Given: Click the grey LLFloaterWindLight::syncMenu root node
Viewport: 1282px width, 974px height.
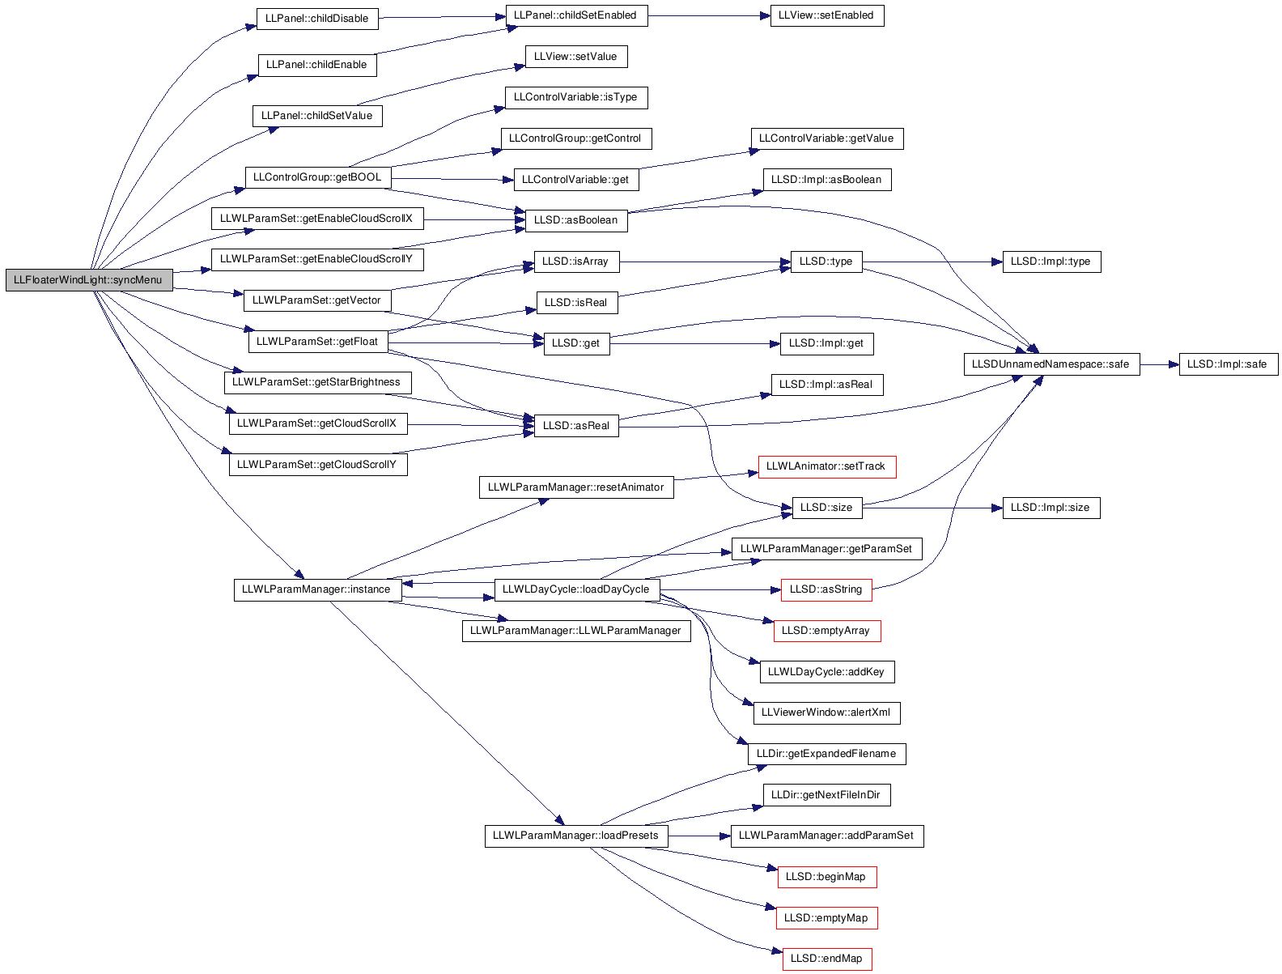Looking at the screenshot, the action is coord(89,280).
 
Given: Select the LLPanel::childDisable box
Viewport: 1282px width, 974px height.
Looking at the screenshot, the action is coord(317,19).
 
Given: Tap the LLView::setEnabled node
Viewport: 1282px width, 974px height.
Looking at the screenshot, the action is coord(826,15).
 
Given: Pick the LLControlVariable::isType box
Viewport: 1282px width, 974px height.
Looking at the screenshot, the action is coord(576,98).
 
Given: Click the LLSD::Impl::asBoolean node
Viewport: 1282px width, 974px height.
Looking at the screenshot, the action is coord(826,180).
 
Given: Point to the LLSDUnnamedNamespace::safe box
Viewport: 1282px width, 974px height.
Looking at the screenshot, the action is coord(1051,364).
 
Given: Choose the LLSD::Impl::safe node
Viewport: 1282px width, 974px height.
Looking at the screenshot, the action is coord(1228,364).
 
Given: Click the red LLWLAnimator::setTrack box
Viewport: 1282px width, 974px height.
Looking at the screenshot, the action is coord(826,467).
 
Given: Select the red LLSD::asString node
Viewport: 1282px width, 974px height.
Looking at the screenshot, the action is coord(826,590).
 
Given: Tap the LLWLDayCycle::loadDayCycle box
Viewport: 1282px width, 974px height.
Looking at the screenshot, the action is coord(576,590).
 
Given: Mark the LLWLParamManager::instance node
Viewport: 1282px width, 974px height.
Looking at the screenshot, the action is coord(317,590).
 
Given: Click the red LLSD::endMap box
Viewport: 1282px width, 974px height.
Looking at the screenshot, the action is coord(826,959).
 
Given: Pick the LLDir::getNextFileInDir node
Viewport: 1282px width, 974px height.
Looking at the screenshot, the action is coord(826,795).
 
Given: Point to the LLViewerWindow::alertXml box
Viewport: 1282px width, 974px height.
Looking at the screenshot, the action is coord(826,712).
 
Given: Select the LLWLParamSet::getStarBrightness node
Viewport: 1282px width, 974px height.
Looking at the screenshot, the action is coord(317,383).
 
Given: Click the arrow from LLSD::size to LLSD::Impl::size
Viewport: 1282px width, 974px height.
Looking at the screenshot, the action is coord(932,508).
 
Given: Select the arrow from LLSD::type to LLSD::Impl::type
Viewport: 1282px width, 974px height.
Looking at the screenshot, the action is coord(932,262).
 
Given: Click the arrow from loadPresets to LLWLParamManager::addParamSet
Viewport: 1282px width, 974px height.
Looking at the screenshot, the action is coord(699,836).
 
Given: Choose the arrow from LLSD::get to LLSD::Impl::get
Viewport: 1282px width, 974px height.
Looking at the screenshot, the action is coord(695,344).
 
